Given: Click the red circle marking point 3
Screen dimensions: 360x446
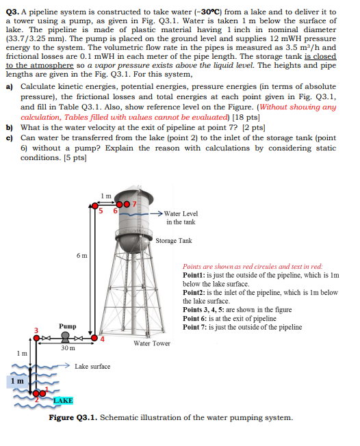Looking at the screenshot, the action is pos(36,338).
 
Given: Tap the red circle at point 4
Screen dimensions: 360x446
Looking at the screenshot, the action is pos(94,338).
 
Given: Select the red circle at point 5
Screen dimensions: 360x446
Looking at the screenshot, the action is pos(94,206).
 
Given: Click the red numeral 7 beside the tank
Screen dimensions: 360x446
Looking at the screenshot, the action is pos(134,204).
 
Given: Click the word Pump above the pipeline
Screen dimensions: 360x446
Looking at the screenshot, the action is pos(68,326).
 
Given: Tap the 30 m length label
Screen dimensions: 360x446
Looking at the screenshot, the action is pos(68,348).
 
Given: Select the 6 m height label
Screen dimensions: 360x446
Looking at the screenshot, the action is pos(81,256).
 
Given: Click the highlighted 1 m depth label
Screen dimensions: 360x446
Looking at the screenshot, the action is pos(17,381).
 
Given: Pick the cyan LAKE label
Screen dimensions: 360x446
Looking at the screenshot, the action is pos(63,400).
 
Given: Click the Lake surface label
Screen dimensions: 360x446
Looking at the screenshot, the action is pos(92,367).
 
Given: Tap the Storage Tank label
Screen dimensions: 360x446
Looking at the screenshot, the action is pos(174,241).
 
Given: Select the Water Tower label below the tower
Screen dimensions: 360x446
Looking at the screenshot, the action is pos(152,343).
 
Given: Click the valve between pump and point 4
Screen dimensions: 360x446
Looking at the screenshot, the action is pos(78,338).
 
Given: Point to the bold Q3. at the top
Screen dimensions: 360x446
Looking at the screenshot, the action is pos(13,12).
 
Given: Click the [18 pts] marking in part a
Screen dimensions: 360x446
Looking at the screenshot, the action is pos(246,117).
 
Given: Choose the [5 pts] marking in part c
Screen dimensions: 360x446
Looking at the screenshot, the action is pos(75,157).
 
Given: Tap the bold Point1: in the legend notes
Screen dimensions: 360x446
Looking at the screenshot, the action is pos(194,275).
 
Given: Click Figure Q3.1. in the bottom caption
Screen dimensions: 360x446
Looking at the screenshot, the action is pos(73,417).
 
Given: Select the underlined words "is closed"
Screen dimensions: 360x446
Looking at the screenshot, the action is pos(320,56).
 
